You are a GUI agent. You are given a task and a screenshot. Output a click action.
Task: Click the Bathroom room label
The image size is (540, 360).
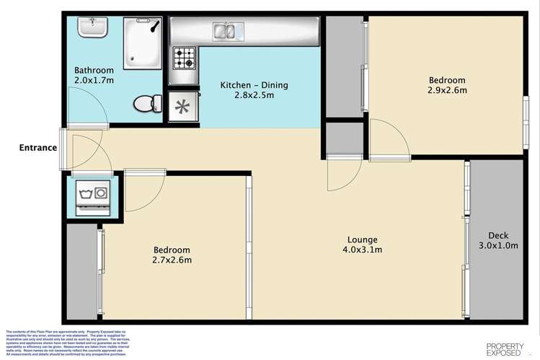click(x=94, y=70)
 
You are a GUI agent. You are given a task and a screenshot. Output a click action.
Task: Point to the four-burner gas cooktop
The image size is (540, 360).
click(x=183, y=58)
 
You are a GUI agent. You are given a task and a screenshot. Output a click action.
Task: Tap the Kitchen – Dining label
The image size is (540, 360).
click(x=254, y=85)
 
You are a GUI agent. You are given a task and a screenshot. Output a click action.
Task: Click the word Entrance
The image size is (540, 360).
click(x=38, y=148)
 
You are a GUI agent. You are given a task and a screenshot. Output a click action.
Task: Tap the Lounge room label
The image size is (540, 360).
click(x=362, y=240)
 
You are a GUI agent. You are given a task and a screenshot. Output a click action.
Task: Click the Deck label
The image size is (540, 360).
click(x=499, y=236)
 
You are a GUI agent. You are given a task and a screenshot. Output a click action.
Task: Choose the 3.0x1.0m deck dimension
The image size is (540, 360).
click(x=499, y=245)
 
